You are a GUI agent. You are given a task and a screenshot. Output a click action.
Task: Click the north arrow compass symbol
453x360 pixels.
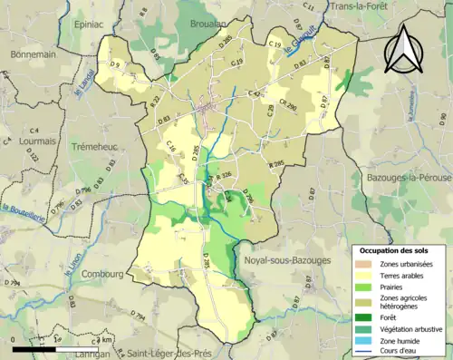coord(402,49)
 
